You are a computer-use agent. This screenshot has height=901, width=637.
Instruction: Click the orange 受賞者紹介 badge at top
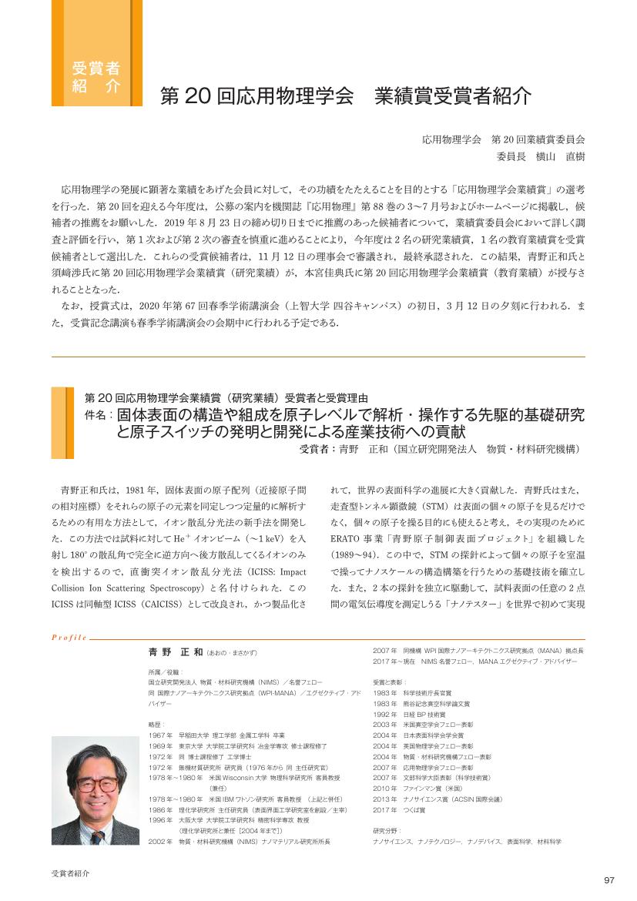pyautogui.click(x=96, y=75)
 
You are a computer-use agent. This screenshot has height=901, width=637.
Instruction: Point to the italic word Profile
pyautogui.click(x=69, y=638)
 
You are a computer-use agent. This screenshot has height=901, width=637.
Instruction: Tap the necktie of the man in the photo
pyautogui.click(x=97, y=836)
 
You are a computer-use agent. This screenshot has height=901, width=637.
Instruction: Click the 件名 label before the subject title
pyautogui.click(x=99, y=414)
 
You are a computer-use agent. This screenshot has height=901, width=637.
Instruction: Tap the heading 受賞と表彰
pyautogui.click(x=389, y=682)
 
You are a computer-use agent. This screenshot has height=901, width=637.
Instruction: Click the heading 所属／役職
pyautogui.click(x=163, y=672)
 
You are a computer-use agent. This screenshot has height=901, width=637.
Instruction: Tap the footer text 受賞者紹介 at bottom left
pyautogui.click(x=70, y=873)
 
